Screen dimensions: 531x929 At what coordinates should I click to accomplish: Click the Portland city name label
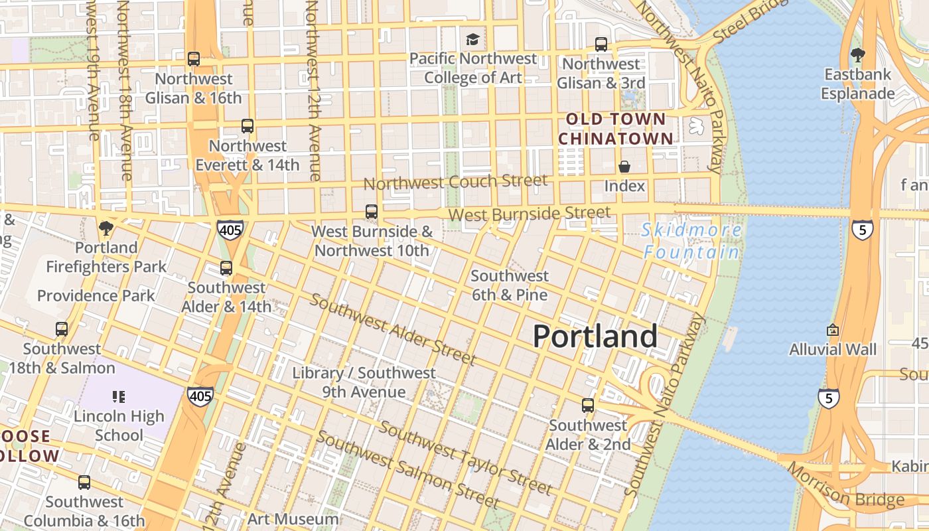(x=595, y=337)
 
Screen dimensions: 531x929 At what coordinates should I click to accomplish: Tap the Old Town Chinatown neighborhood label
(x=615, y=129)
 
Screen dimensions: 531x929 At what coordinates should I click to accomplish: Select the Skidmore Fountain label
(x=692, y=241)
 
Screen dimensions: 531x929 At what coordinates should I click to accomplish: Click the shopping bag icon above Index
(x=624, y=167)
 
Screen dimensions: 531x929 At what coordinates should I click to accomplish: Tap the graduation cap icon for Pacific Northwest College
(x=472, y=39)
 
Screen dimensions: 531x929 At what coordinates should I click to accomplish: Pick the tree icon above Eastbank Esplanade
(x=857, y=55)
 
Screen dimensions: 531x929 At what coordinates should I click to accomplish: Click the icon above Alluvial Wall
(x=833, y=330)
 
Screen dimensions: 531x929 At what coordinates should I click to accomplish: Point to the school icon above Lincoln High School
(x=119, y=397)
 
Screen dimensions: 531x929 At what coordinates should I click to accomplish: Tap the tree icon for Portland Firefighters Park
(x=106, y=229)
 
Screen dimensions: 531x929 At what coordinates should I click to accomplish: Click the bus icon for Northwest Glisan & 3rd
(x=601, y=44)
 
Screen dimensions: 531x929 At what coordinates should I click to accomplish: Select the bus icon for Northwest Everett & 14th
(x=248, y=126)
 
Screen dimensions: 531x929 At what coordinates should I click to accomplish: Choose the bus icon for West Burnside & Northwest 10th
(x=372, y=212)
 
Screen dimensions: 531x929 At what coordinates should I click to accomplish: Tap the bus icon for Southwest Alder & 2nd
(x=588, y=406)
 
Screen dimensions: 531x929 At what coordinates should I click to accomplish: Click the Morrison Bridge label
(x=846, y=485)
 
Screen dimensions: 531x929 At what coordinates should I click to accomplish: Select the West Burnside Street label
(x=529, y=214)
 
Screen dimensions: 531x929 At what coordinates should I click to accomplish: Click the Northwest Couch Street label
(x=456, y=181)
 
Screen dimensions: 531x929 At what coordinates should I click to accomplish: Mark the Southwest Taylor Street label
(x=465, y=458)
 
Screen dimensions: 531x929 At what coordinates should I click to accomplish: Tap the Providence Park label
(x=96, y=295)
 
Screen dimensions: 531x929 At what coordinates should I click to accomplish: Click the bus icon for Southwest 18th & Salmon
(x=62, y=329)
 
